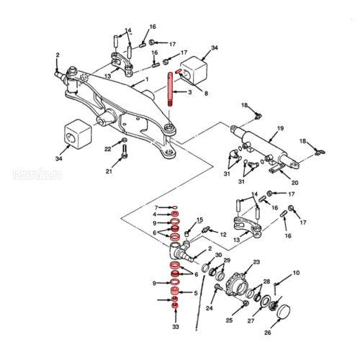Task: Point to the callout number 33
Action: (175, 327)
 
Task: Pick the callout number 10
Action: (296, 273)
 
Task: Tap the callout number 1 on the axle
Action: (146, 80)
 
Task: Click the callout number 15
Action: (199, 219)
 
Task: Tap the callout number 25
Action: (229, 320)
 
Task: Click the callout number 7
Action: (156, 207)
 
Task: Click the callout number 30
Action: (218, 255)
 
